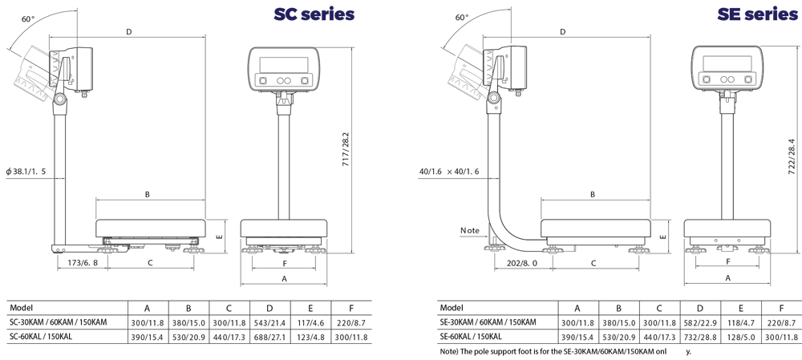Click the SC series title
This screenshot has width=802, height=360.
pos(314,14)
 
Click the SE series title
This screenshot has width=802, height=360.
pos(758,14)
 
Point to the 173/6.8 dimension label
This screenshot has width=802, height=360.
pos(83,263)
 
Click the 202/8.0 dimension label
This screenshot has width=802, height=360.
pos(523,263)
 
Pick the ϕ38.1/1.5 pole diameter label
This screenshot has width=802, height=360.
pos(26,172)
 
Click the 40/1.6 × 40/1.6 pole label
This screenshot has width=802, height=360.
pos(449,172)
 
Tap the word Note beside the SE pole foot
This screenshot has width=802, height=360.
pos(470,231)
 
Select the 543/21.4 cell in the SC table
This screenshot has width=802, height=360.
pos(269,322)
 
